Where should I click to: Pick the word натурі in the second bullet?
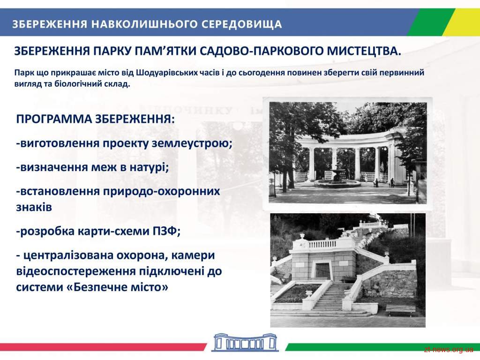tap(149, 167)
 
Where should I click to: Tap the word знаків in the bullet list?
tap(34, 207)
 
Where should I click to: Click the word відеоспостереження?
tap(75, 271)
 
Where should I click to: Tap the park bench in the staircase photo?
tap(400, 310)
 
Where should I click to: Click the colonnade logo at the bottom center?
tap(245, 342)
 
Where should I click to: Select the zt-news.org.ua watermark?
tap(449, 350)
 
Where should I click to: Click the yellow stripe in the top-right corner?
tap(461, 22)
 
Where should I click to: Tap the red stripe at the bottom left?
tap(103, 347)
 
